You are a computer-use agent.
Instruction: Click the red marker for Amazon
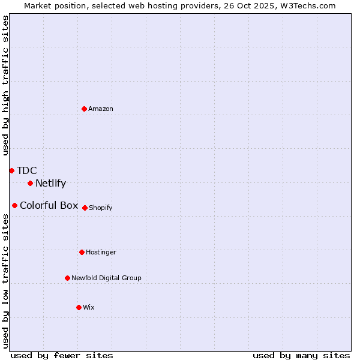pyautogui.click(x=85, y=109)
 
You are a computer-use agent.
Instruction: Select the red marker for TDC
pyautogui.click(x=11, y=170)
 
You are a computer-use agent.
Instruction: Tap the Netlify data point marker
pyautogui.click(x=30, y=183)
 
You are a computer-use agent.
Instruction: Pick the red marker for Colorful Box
pyautogui.click(x=14, y=205)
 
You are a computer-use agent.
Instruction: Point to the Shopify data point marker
pyautogui.click(x=85, y=208)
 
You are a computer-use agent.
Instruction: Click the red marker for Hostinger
pyautogui.click(x=82, y=252)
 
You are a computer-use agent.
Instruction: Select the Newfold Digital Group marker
pyautogui.click(x=67, y=278)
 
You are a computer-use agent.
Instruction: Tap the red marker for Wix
pyautogui.click(x=79, y=307)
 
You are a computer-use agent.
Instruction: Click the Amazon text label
pyautogui.click(x=101, y=109)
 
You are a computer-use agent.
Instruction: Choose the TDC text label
pyautogui.click(x=27, y=170)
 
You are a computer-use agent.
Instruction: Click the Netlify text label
pyautogui.click(x=50, y=184)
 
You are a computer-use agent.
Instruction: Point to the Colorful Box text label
pyautogui.click(x=49, y=205)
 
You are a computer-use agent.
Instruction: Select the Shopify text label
pyautogui.click(x=101, y=208)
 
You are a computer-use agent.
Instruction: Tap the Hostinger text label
pyautogui.click(x=101, y=252)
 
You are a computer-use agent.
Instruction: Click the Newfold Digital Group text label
pyautogui.click(x=107, y=278)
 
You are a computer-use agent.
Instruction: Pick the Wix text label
pyautogui.click(x=89, y=307)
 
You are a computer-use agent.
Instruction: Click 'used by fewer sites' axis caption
pyautogui.click(x=62, y=355)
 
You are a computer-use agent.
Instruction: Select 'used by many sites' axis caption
pyautogui.click(x=301, y=355)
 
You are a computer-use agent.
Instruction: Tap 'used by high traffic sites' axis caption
pyautogui.click(x=5, y=85)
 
